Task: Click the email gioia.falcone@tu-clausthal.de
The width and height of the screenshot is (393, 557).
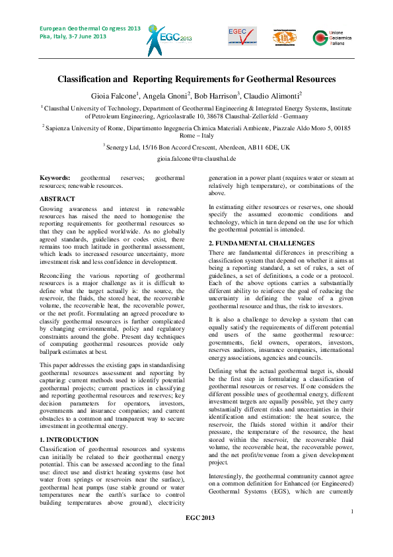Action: (196, 160)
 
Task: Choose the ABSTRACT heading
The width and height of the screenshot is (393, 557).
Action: (57, 198)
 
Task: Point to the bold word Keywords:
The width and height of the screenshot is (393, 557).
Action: (55, 178)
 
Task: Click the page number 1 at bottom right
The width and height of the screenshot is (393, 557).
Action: (352, 529)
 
